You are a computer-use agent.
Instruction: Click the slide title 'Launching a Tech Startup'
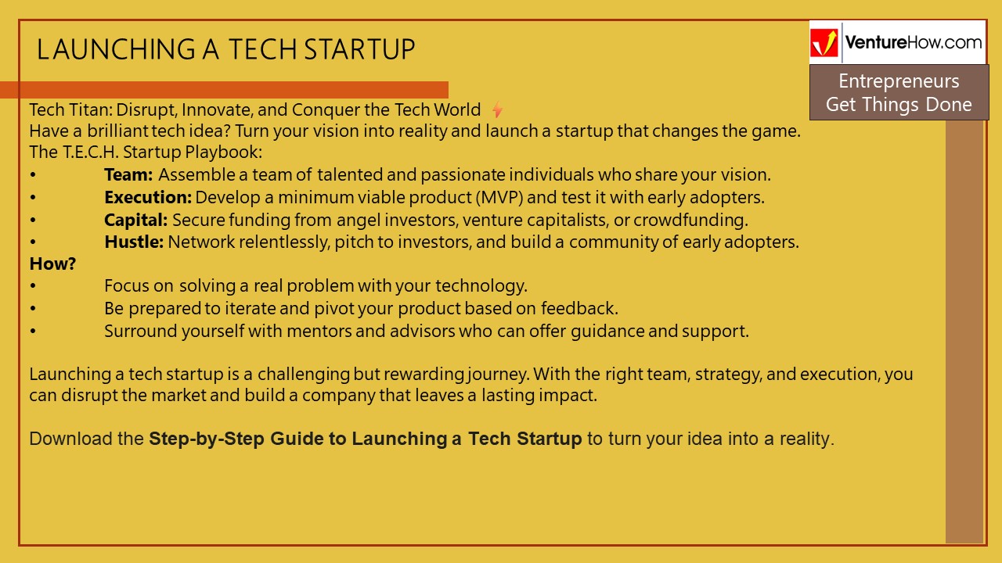[x=225, y=49]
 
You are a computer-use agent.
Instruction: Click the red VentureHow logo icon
[x=824, y=43]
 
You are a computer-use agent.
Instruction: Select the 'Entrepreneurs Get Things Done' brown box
[x=899, y=92]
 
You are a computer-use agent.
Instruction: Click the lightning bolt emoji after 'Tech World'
[x=497, y=109]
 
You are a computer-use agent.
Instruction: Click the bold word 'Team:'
[x=128, y=175]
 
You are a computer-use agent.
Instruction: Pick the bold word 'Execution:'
[x=148, y=197]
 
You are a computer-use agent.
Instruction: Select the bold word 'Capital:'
[x=136, y=220]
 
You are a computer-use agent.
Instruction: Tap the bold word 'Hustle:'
[x=134, y=242]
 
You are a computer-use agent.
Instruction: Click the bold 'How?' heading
[x=52, y=264]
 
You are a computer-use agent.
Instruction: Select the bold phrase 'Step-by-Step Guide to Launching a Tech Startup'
[x=365, y=439]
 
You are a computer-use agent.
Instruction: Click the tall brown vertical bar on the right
[x=964, y=328]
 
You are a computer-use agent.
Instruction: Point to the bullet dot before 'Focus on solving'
[x=33, y=286]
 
